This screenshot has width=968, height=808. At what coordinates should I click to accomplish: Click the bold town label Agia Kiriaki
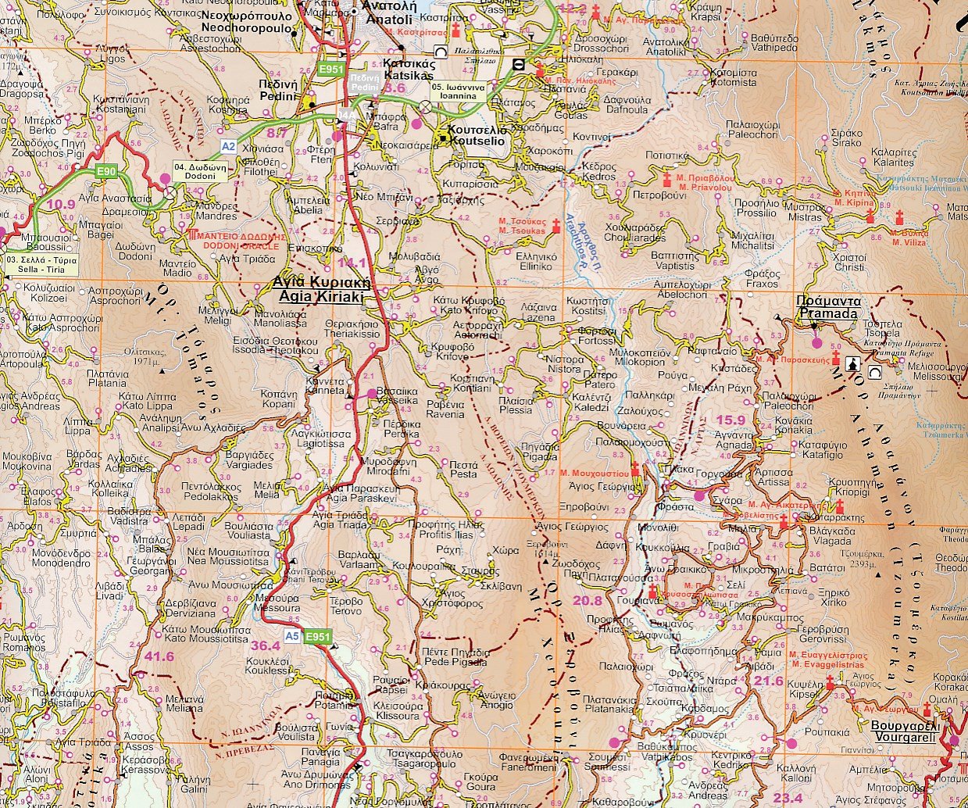click(320, 290)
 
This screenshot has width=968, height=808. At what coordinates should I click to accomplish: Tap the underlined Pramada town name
click(827, 307)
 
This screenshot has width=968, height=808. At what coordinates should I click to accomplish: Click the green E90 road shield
click(106, 172)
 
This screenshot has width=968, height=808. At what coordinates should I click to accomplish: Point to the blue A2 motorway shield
click(227, 146)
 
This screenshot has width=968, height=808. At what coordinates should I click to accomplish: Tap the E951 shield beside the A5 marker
click(318, 637)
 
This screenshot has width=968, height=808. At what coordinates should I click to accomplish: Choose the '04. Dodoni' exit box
click(199, 172)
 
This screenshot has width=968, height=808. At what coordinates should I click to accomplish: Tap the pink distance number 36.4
click(265, 645)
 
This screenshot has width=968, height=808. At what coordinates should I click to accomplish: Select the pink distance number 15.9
click(730, 420)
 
